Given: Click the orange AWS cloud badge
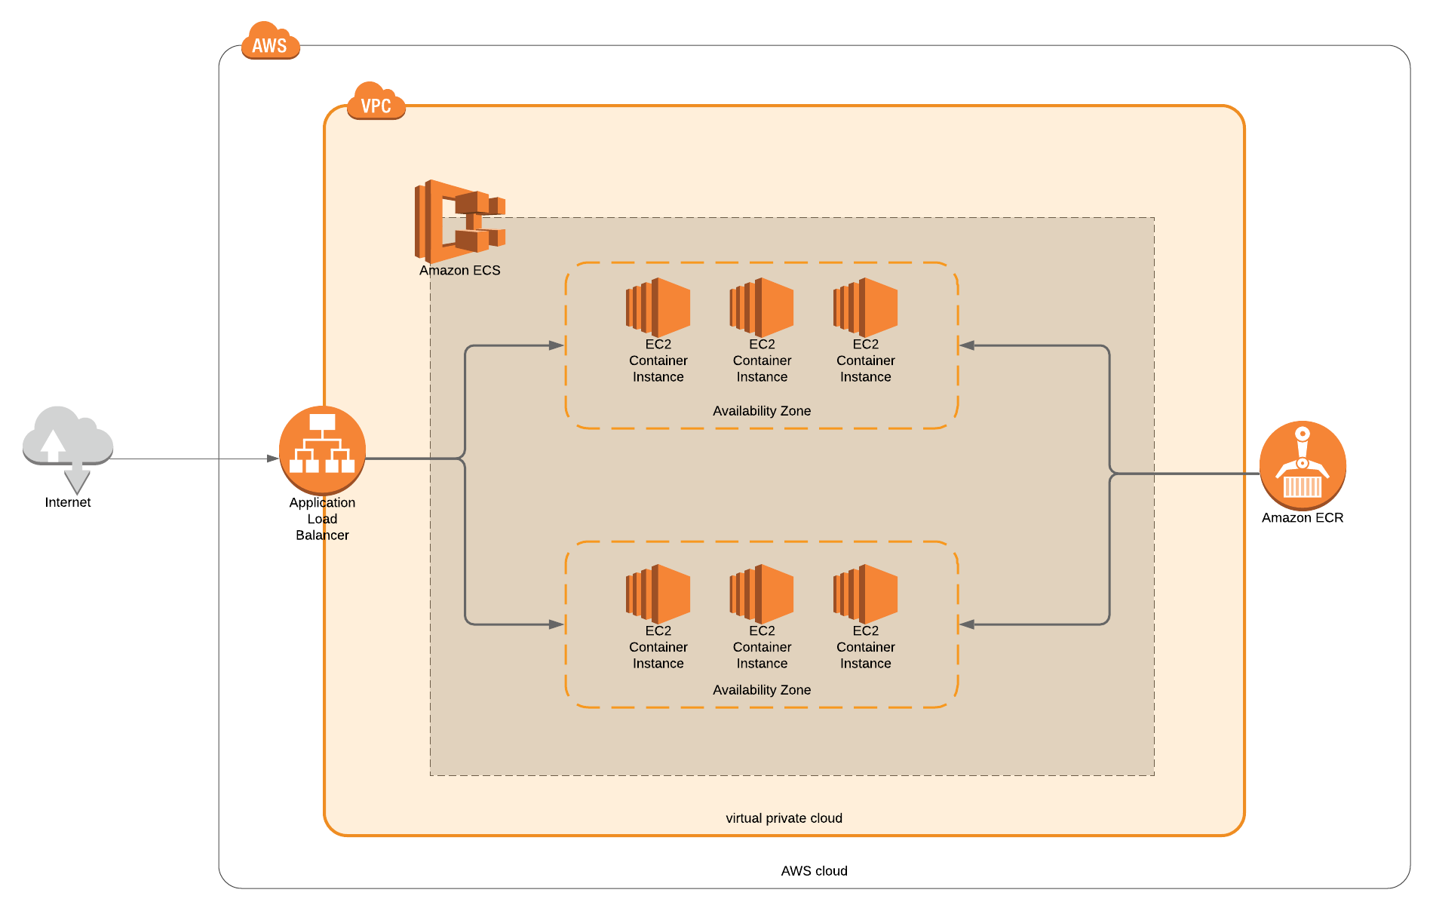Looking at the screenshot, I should [x=270, y=42].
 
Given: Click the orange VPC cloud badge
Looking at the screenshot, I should [x=376, y=103].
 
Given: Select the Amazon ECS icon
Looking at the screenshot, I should [x=459, y=221].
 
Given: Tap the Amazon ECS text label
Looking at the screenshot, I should [x=459, y=270].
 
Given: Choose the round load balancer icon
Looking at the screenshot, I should [x=322, y=450].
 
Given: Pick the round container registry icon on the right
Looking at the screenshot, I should [x=1303, y=465].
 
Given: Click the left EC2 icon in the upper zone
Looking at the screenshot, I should [x=658, y=307].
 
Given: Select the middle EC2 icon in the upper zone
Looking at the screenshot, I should [x=762, y=307].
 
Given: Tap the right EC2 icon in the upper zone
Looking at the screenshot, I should [x=865, y=307].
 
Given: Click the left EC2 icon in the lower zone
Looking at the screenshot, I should [x=658, y=594].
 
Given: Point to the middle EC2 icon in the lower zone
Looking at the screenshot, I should [x=762, y=594].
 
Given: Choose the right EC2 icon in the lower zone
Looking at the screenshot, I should [x=865, y=594].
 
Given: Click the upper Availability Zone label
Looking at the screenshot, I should [x=762, y=411].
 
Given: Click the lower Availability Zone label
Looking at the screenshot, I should [x=762, y=690].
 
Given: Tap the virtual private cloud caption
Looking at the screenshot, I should [x=784, y=818].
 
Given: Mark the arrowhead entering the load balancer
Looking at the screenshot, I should [x=273, y=459].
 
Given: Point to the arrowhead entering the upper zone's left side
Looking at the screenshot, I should [x=557, y=345].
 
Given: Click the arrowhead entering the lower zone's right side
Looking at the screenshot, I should [x=967, y=624].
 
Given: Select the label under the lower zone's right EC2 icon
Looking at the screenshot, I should [x=865, y=647].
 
